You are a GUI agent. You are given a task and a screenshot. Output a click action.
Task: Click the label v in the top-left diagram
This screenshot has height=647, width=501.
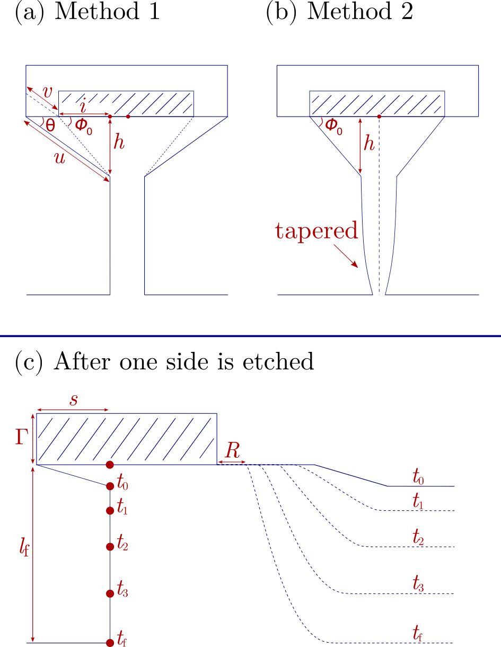[48, 91]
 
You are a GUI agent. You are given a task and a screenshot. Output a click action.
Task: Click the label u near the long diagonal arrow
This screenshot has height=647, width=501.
[60, 157]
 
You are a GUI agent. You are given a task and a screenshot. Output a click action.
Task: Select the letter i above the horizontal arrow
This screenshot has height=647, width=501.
[82, 105]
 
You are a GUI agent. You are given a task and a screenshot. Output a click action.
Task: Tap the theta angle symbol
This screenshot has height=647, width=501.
[50, 126]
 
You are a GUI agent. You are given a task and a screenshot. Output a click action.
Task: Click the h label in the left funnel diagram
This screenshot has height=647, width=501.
[119, 141]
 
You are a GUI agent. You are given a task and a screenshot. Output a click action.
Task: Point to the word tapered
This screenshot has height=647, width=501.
[317, 232]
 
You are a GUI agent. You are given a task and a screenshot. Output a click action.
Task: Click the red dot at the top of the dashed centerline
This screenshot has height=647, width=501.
[379, 116]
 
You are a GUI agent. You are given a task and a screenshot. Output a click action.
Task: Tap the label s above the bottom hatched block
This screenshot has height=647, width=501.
[74, 400]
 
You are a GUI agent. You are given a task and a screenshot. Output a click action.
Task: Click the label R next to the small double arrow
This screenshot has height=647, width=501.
[232, 451]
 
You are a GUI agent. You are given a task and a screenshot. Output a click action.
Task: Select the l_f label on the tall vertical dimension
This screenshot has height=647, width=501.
[23, 548]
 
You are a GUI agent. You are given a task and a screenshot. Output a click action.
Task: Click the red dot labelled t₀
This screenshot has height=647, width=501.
[110, 486]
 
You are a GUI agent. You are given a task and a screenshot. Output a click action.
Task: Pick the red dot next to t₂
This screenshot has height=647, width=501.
[110, 546]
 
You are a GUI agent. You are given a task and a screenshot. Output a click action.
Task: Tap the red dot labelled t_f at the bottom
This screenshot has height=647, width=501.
[110, 643]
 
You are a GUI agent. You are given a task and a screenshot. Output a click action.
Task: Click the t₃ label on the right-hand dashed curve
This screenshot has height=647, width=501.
[418, 584]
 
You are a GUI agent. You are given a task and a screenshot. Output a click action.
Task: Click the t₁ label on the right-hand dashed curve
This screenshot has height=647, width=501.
[418, 501]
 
